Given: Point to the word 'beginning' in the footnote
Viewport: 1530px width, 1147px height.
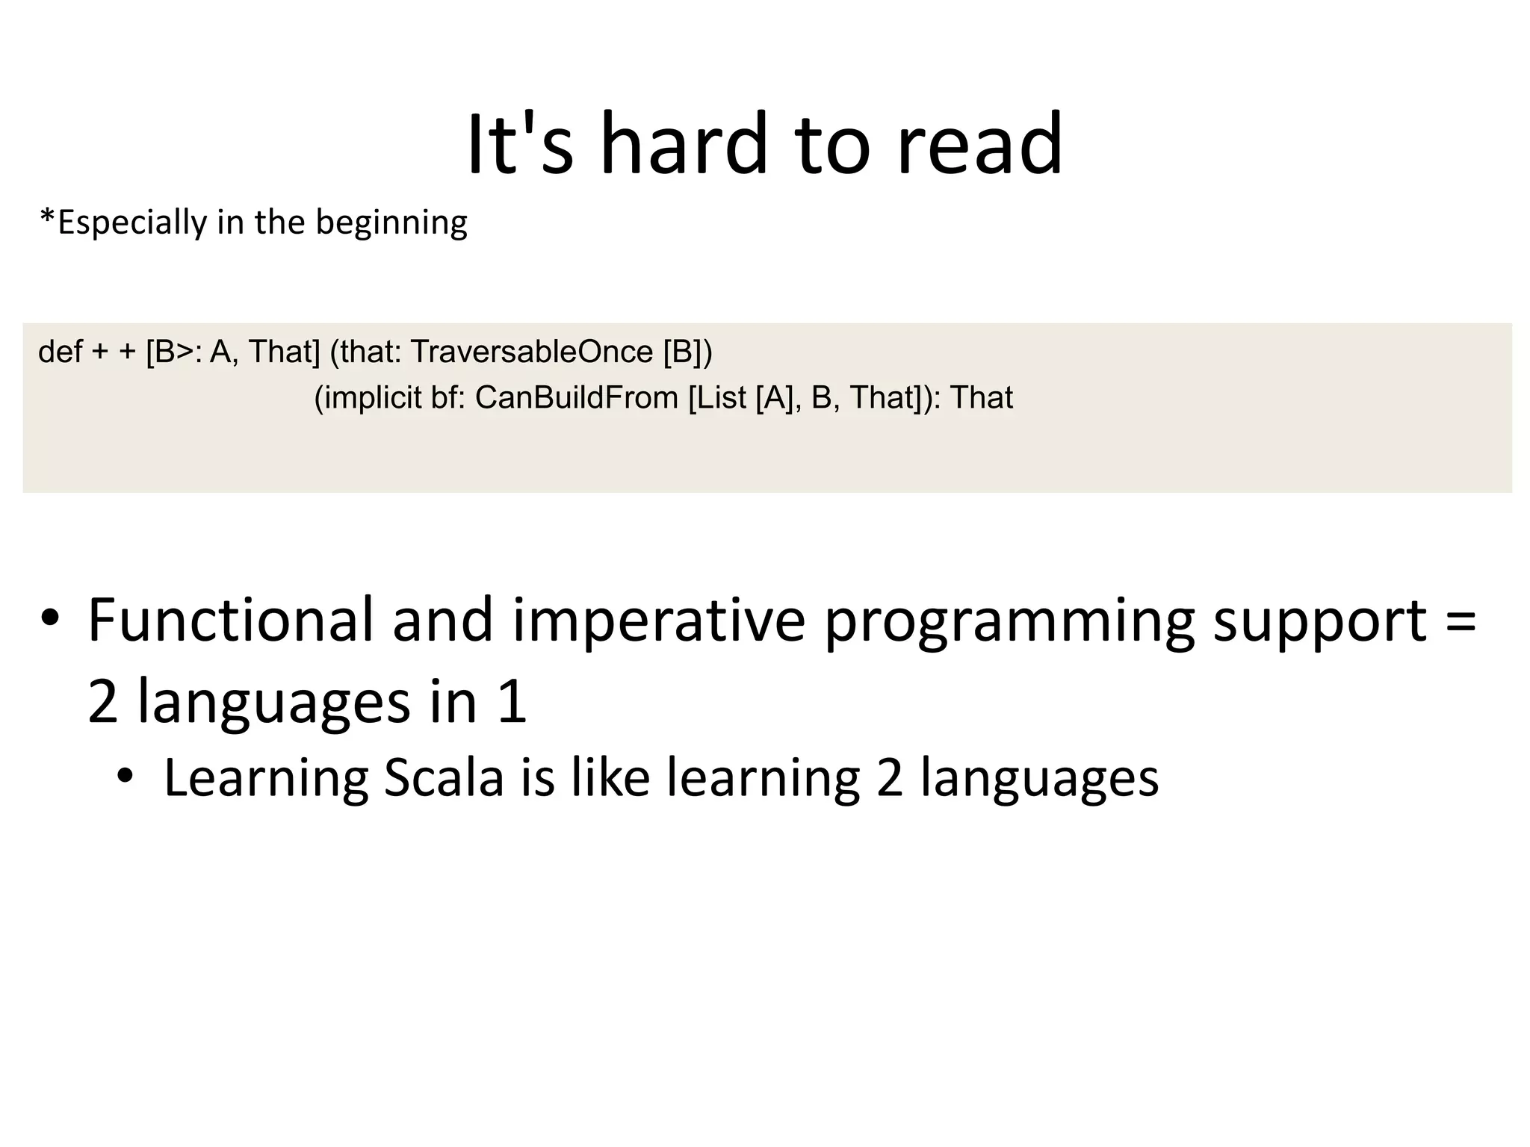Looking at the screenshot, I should click(x=391, y=223).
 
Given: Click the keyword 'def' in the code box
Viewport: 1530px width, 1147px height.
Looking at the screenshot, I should click(x=60, y=352).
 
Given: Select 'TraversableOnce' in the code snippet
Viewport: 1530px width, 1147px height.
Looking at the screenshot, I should click(x=532, y=352).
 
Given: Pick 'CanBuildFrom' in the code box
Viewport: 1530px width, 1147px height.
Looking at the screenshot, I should click(x=577, y=398).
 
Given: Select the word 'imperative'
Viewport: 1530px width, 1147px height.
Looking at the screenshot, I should click(x=658, y=621).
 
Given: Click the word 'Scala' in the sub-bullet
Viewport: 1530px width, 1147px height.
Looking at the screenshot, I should click(x=444, y=778).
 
